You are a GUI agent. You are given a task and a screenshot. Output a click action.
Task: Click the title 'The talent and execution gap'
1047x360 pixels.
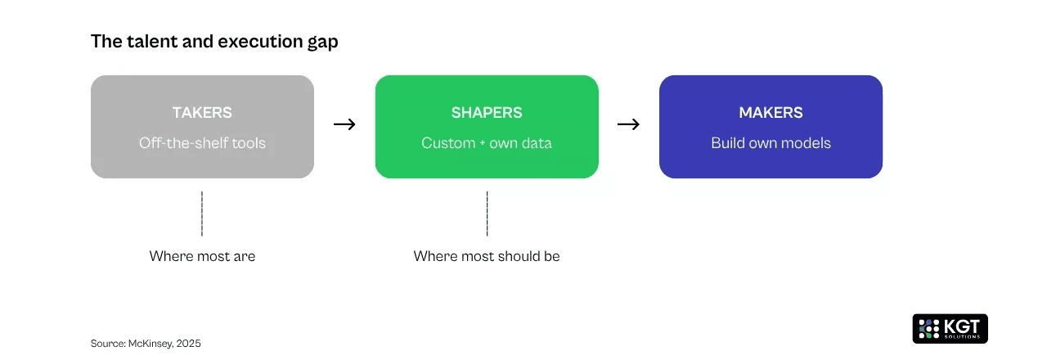tap(214, 42)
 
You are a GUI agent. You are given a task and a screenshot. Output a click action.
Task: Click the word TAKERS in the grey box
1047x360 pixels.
tap(202, 113)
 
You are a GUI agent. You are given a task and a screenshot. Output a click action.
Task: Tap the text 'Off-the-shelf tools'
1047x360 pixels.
tap(202, 143)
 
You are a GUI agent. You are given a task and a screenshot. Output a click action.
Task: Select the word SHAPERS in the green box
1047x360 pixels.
tap(487, 113)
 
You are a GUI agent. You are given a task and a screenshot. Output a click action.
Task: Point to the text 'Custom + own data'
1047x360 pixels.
tap(487, 143)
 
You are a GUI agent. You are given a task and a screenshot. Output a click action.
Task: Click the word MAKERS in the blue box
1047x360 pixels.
tap(771, 113)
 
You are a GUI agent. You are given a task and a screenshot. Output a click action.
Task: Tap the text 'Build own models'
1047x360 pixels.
tap(771, 143)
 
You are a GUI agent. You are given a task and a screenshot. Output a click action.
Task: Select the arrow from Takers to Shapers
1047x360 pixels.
tap(344, 124)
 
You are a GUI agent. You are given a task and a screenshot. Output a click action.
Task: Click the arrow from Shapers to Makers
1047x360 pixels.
tap(628, 124)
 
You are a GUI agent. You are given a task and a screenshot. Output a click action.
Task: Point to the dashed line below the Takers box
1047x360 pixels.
tap(202, 214)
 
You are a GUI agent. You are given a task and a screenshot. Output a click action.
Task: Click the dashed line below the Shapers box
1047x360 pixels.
tap(487, 214)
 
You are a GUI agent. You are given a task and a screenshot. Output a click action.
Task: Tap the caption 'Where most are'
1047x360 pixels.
tap(202, 256)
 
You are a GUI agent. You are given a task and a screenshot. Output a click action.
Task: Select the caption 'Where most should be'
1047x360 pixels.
tap(487, 256)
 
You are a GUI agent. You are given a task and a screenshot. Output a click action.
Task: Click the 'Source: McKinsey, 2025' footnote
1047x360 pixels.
tap(146, 344)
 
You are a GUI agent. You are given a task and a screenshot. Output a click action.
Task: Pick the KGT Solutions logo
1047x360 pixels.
tap(950, 328)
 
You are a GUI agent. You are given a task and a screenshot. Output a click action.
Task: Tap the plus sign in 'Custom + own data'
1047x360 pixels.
tap(483, 143)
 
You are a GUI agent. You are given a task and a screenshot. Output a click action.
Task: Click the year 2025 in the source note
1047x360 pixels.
tap(188, 344)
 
